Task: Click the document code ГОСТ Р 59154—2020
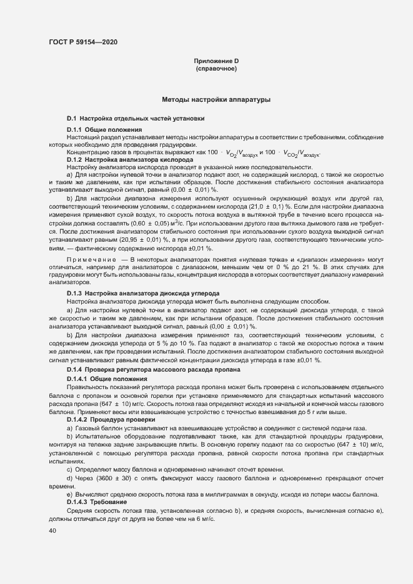[x=82, y=42]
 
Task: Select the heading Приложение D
[x=216, y=61]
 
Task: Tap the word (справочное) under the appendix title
[x=216, y=68]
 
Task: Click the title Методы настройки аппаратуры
[x=216, y=99]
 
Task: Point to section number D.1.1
[x=76, y=129]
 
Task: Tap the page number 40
[x=52, y=531]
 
